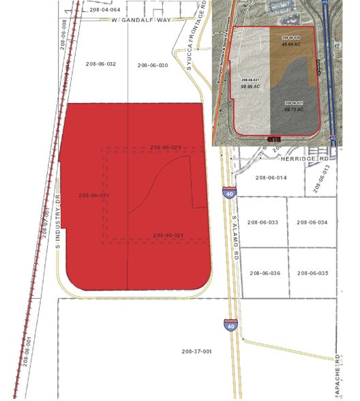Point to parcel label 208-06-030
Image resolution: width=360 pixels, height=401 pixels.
pyautogui.click(x=152, y=65)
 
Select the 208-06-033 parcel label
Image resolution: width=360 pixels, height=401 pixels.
pyautogui.click(x=264, y=222)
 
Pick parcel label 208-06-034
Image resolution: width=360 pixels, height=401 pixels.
pyautogui.click(x=312, y=222)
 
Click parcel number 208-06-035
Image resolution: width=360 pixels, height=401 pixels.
pyautogui.click(x=312, y=273)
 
